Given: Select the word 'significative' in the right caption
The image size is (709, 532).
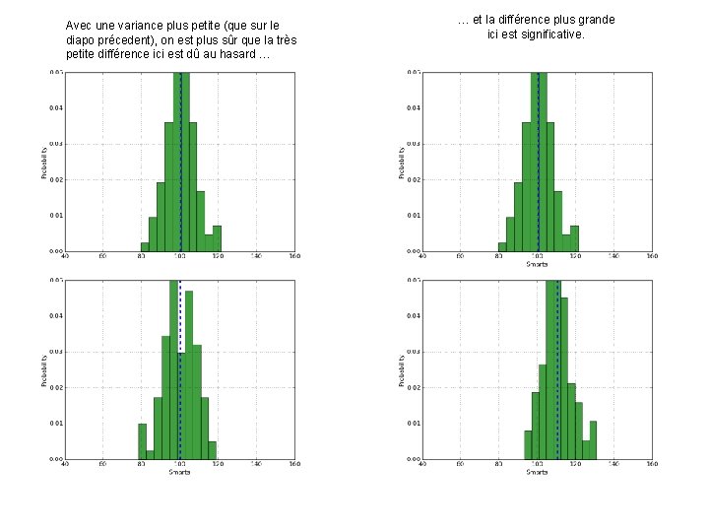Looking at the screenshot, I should pyautogui.click(x=547, y=34).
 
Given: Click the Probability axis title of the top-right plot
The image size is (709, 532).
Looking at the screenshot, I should pyautogui.click(x=401, y=163).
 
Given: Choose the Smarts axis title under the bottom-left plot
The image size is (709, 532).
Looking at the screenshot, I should pyautogui.click(x=179, y=472).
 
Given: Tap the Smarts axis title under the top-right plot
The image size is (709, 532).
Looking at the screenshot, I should pyautogui.click(x=537, y=264).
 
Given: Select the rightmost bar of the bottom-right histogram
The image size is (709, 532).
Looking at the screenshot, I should pyautogui.click(x=593, y=439).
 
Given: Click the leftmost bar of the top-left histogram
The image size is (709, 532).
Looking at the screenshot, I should pyautogui.click(x=145, y=246).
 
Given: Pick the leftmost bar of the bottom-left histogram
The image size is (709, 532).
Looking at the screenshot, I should pyautogui.click(x=142, y=440).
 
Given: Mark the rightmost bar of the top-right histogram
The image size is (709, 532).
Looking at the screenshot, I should pyautogui.click(x=574, y=238).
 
